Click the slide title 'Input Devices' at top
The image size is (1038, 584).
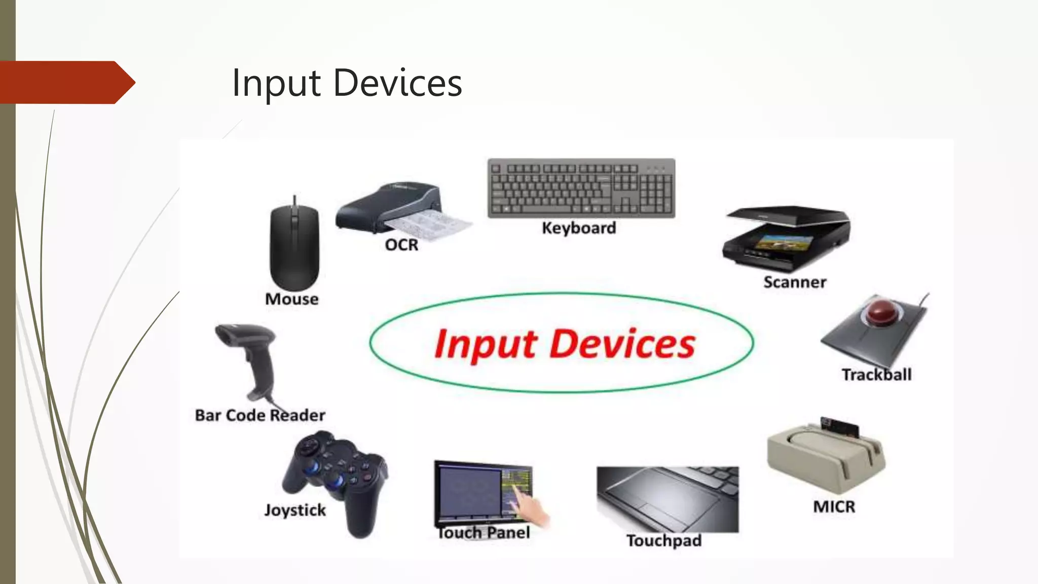coord(347,83)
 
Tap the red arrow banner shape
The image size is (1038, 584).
coord(66,82)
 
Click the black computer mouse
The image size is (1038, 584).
coord(294,246)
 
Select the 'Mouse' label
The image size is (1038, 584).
coord(292,299)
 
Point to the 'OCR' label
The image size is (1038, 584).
coord(401,245)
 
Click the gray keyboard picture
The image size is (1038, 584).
coord(581,188)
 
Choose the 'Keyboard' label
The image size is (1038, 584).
coord(579,228)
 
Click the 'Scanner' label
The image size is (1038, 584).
coord(795,282)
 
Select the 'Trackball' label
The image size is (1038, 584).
coord(876,375)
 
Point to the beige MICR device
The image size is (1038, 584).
coord(826,456)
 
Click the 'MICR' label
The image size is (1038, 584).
coord(834,506)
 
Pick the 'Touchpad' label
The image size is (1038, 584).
coord(664,540)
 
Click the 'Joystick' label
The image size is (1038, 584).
coord(295,510)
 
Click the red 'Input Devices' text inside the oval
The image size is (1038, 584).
coord(565,344)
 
